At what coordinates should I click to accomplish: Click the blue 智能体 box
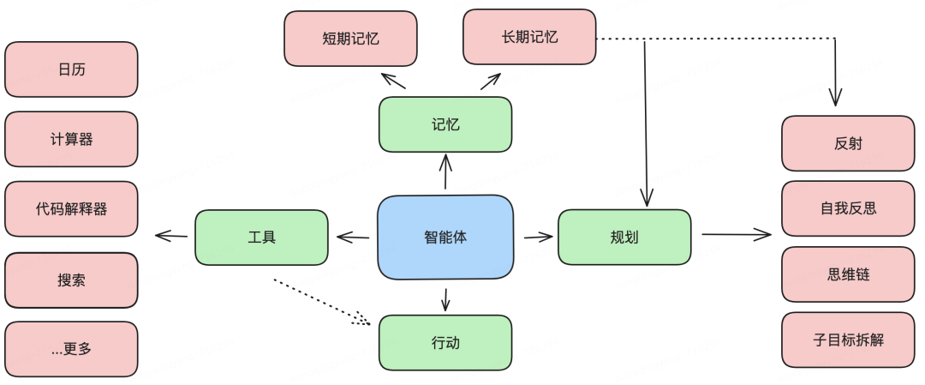coord(445,238)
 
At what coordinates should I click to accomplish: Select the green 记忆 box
coord(445,125)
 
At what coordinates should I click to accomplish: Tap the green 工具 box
coord(261,238)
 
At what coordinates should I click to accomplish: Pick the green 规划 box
coord(624,238)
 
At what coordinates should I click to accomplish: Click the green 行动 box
coord(445,343)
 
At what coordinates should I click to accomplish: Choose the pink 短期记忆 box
coord(350,39)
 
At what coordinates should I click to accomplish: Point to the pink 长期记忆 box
coord(529,37)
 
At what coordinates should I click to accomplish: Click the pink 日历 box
coord(71,69)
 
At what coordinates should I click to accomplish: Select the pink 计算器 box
coord(71,139)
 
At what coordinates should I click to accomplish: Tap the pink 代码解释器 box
coord(71,209)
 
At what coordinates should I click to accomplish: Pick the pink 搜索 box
coord(71,280)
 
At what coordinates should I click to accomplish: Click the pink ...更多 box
coord(71,349)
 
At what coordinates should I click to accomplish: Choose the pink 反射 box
coord(848,143)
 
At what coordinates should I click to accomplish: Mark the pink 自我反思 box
coord(848,208)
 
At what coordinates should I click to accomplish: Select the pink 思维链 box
coord(848,274)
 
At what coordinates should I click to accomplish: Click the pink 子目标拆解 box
coord(848,340)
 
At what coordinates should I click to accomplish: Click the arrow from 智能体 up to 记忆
coord(445,172)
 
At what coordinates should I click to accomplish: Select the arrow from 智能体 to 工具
coord(354,237)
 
